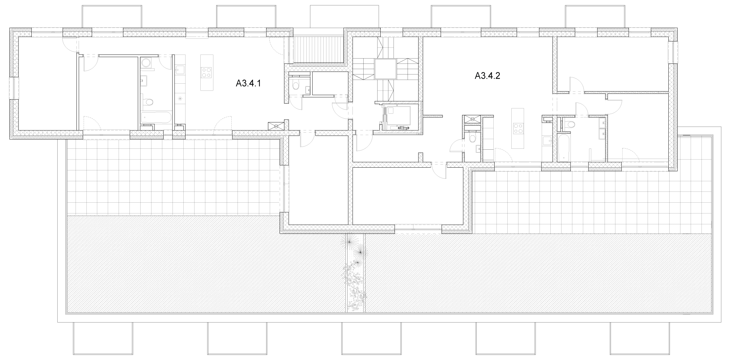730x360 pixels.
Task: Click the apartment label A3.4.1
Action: (x=248, y=84)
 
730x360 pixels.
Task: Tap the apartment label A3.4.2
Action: (x=487, y=76)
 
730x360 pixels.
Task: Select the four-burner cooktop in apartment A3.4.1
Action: (x=207, y=72)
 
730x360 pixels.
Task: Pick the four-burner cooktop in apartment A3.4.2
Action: (x=517, y=128)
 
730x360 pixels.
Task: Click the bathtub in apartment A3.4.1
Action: (x=156, y=117)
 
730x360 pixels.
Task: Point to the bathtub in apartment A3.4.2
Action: (x=563, y=147)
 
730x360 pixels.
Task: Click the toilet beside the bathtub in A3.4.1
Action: (x=149, y=102)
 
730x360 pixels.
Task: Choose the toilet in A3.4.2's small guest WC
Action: (x=472, y=138)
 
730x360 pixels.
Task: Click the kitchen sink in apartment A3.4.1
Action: (x=180, y=69)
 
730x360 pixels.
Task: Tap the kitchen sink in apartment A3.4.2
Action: (x=547, y=141)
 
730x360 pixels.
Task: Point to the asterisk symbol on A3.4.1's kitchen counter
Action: (x=180, y=99)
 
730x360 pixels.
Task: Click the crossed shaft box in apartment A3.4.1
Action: (x=276, y=125)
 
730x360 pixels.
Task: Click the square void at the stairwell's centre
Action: (x=385, y=69)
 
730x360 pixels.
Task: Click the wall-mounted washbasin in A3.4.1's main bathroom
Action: (x=143, y=81)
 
